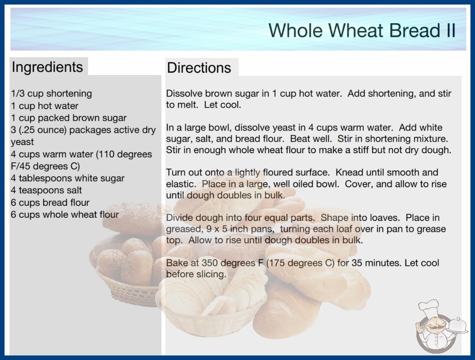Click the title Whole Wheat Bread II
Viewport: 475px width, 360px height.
pos(362,30)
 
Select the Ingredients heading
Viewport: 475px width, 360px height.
pos(47,67)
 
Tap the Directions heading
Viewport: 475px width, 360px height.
pos(199,68)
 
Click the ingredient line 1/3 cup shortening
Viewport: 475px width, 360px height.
pos(51,94)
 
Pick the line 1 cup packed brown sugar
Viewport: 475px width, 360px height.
pos(69,118)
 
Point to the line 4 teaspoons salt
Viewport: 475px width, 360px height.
pos(46,190)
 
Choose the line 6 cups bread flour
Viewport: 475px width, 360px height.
pos(50,202)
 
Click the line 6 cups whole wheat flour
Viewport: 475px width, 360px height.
pos(65,215)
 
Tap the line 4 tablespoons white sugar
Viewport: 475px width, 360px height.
pos(68,178)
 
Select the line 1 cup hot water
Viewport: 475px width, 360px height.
pos(45,105)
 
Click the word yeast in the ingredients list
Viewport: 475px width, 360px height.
pos(22,142)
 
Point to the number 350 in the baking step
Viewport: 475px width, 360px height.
pos(210,263)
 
